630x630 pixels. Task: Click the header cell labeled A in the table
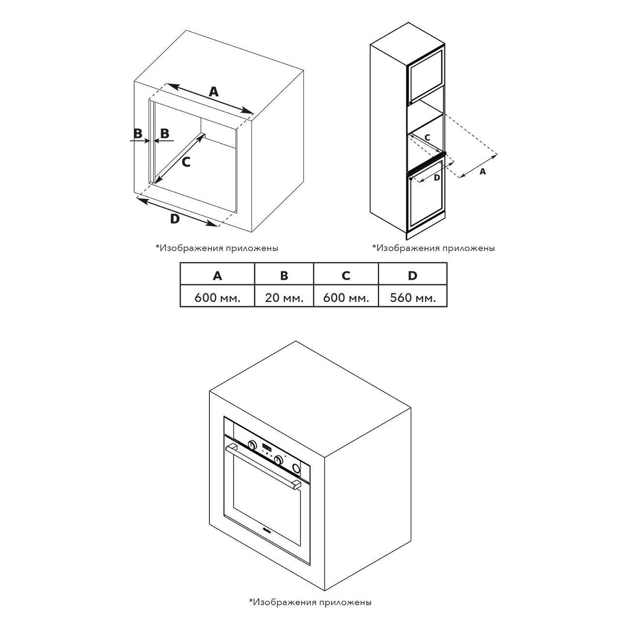point(218,276)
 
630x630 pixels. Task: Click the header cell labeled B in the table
point(284,276)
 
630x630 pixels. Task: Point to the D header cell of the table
point(413,276)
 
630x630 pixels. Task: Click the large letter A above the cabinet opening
point(214,92)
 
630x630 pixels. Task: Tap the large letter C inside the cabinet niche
point(186,162)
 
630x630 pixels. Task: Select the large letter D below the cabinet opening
point(175,219)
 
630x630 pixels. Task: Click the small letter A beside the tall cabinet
point(483,171)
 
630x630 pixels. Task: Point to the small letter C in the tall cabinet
point(427,137)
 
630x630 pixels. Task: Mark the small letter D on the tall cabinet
point(437,178)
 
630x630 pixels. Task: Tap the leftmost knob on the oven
point(252,444)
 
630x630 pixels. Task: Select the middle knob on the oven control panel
point(279,458)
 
